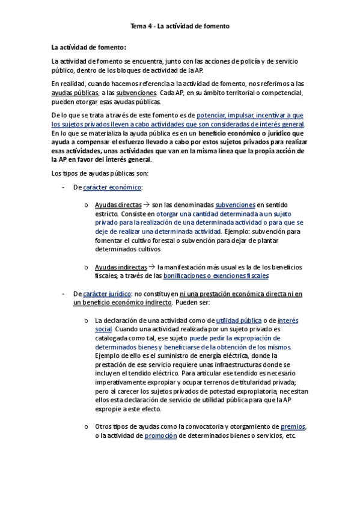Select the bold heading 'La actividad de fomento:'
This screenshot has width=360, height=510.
coord(89,47)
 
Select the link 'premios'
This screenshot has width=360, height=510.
coord(293,427)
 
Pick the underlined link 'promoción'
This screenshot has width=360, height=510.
coord(160,436)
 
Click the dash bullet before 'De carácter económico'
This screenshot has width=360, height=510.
coord(64,188)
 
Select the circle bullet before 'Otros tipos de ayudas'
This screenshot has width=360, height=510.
coord(87,427)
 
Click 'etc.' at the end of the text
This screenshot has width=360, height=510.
coord(290,436)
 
